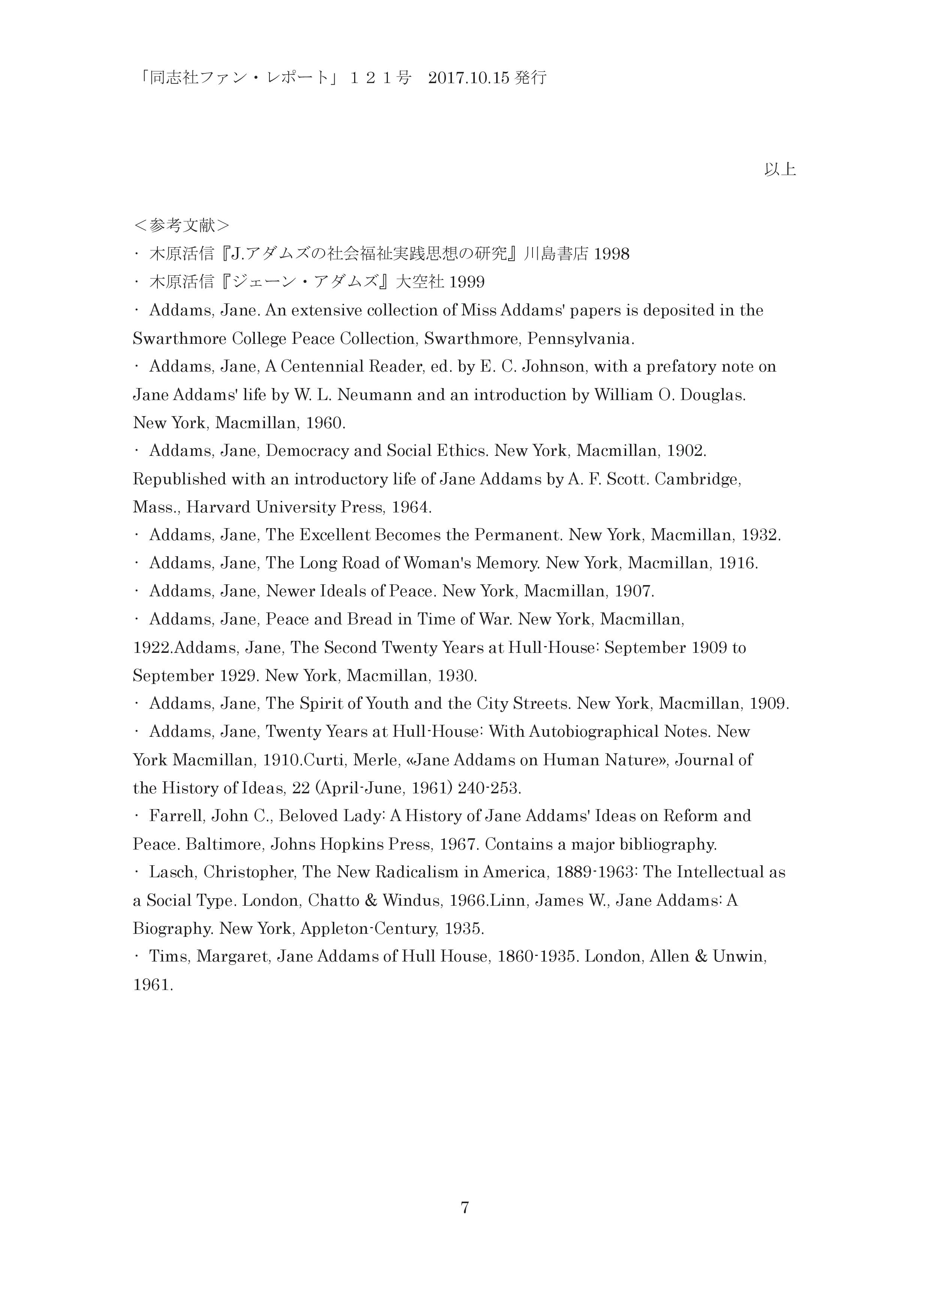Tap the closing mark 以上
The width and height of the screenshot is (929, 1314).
point(779,170)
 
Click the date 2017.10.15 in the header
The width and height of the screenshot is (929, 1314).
point(468,78)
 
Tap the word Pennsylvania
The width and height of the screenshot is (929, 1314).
point(580,339)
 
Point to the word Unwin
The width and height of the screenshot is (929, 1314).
point(738,957)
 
